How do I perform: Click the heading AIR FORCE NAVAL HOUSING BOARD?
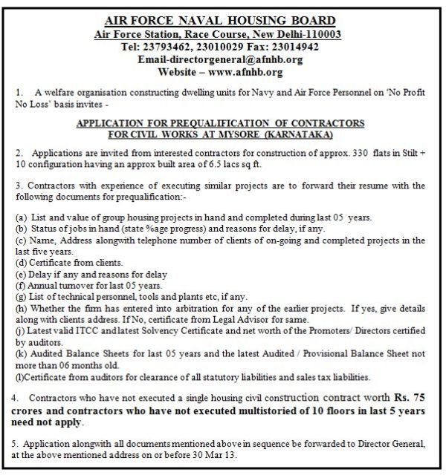tap(221, 21)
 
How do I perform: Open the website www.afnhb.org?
tap(246, 73)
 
